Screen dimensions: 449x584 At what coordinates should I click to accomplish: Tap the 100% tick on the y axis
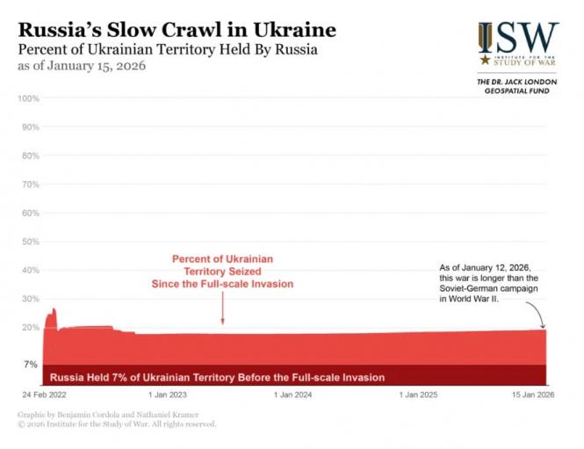tap(29, 98)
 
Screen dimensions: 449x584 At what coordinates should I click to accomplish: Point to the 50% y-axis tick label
tap(29, 242)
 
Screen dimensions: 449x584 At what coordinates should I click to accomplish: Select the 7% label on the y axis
tap(31, 364)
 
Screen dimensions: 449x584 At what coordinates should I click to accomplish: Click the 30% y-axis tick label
tap(29, 299)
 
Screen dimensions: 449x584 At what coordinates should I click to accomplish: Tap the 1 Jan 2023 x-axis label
tap(167, 395)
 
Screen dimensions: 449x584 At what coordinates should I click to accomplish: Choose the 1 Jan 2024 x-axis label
tap(293, 395)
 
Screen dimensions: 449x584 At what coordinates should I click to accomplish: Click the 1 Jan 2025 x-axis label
tap(419, 395)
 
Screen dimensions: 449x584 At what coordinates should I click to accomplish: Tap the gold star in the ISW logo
tap(485, 61)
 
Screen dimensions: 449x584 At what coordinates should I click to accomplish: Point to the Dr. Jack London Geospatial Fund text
tap(514, 85)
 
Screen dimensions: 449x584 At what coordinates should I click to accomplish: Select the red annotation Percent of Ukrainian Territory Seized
tap(223, 272)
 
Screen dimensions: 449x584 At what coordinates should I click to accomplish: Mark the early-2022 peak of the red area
tap(53, 310)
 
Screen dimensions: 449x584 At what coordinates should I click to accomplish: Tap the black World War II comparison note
tap(486, 282)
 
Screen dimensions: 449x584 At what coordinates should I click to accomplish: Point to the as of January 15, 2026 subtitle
tap(82, 66)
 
